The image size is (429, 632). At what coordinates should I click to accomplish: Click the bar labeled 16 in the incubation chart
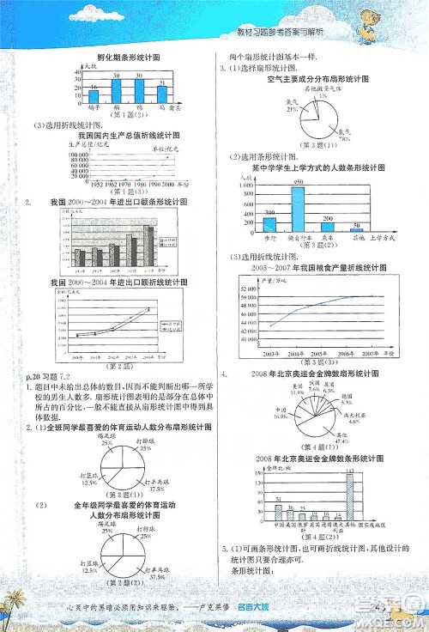coord(93,94)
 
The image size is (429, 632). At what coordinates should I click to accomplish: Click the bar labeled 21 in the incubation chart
coord(160,92)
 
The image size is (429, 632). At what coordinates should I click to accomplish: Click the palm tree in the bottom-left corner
coord(17,610)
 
